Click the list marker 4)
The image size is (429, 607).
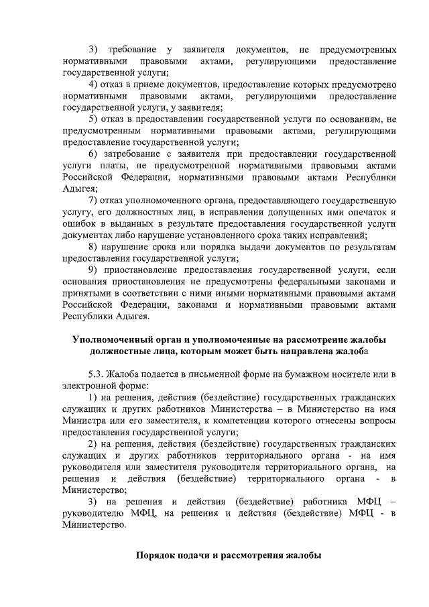(x=95, y=85)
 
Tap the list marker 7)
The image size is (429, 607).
(x=95, y=200)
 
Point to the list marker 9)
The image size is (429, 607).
(x=95, y=270)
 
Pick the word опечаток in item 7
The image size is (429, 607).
(x=366, y=212)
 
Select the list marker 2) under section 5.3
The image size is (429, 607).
(x=95, y=444)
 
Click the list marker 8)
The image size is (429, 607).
(x=95, y=247)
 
